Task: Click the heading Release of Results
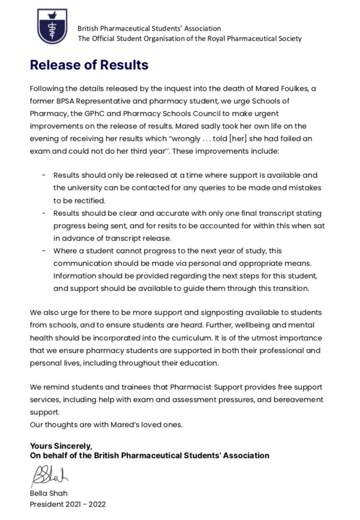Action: [x=89, y=65]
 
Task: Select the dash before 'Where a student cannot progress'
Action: [x=44, y=250]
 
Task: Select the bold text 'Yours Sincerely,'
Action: [x=61, y=446]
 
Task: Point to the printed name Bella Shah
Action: [x=49, y=493]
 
